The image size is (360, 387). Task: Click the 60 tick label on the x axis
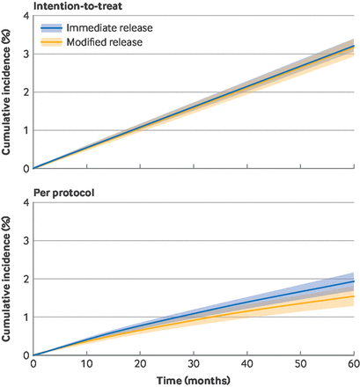(x=352, y=363)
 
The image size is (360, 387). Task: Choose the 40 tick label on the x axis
(x=246, y=363)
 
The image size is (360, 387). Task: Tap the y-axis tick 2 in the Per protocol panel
(x=25, y=279)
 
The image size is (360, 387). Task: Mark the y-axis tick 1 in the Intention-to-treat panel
(x=25, y=130)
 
